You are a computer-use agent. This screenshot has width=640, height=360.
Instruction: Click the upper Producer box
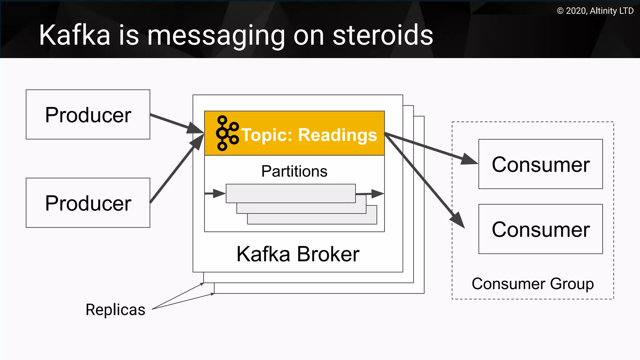(88, 114)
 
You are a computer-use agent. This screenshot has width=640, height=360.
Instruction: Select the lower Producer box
(88, 203)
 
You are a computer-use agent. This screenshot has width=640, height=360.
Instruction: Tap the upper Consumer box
(540, 164)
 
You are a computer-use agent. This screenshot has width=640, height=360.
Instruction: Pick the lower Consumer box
(540, 229)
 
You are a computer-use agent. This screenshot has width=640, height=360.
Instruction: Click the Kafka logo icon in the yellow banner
(227, 133)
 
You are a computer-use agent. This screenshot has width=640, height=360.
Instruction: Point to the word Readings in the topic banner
(337, 135)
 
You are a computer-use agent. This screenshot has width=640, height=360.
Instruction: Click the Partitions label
(294, 171)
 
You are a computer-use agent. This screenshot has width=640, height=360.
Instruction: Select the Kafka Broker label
(298, 254)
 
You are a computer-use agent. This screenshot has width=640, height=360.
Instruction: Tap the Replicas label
(115, 310)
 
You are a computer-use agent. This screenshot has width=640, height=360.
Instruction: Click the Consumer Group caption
(532, 284)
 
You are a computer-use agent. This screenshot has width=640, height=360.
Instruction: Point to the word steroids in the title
(383, 35)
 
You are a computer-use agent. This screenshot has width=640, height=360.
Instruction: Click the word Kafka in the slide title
(75, 35)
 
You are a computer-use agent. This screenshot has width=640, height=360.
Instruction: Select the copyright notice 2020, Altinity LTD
(595, 11)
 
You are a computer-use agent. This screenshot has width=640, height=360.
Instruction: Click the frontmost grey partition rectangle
(291, 193)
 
